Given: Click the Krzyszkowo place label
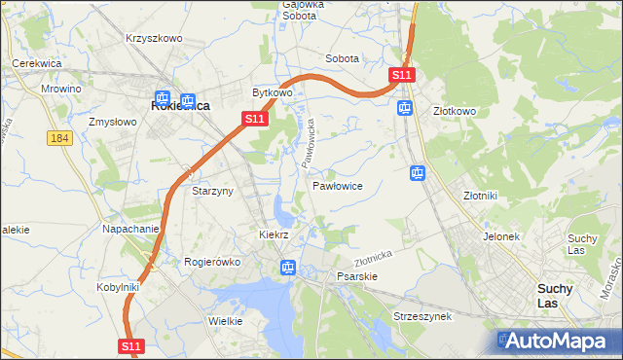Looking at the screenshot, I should [154, 38].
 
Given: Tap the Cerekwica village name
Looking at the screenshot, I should [36, 63].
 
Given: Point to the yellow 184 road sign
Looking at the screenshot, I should [59, 139].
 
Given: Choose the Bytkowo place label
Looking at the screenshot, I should [273, 92].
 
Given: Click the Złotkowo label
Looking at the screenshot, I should [454, 112].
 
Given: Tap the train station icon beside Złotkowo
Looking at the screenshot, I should [404, 107].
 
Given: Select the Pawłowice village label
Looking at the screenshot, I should [338, 185].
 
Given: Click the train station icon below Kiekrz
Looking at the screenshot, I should [287, 267].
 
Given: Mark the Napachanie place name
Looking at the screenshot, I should [130, 229].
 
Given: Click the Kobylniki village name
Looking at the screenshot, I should [119, 287].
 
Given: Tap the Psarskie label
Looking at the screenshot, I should [356, 276].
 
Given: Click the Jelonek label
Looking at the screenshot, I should [501, 236].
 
